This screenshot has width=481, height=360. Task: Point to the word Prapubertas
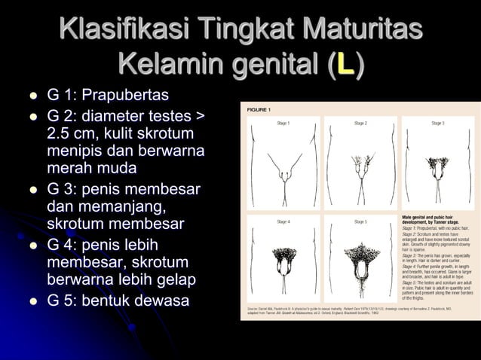point(125,96)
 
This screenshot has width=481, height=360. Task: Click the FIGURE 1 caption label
point(260,110)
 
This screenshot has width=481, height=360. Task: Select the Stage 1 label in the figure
point(283,123)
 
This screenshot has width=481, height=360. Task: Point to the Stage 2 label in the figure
point(360,123)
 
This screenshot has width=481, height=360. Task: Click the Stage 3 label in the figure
point(437,123)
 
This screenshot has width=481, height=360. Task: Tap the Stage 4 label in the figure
point(283,221)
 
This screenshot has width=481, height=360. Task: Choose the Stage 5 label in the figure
point(360,221)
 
